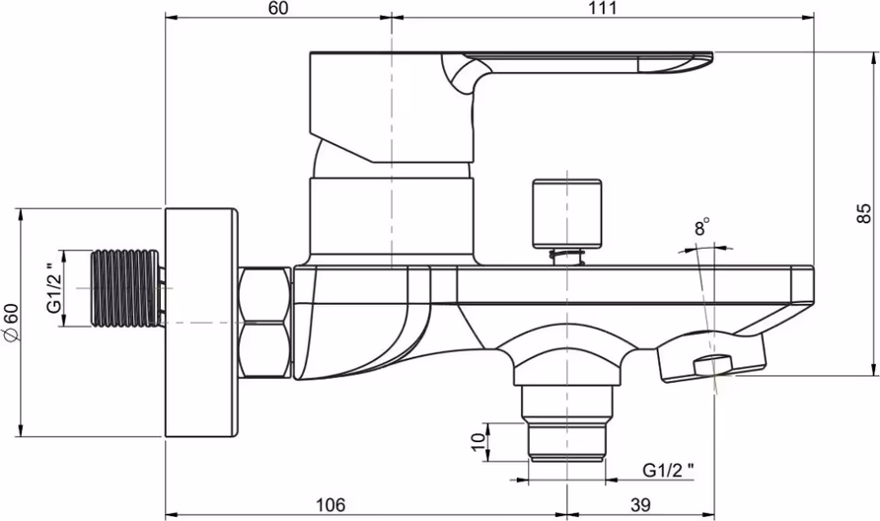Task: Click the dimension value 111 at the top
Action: click(603, 8)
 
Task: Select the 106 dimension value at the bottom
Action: click(330, 505)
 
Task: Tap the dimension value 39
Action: click(640, 505)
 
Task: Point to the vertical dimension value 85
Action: click(864, 213)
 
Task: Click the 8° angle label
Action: click(702, 227)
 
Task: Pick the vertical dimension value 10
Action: click(478, 441)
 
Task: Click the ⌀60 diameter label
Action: click(11, 322)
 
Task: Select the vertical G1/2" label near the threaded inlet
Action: click(54, 287)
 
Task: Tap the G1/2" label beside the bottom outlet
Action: click(668, 470)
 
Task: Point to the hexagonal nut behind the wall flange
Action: click(264, 323)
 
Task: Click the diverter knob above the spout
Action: click(567, 213)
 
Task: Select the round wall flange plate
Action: click(201, 323)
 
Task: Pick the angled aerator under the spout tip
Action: click(711, 357)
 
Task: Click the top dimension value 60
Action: click(278, 8)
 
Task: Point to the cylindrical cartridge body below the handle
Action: click(393, 216)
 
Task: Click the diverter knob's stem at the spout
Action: click(567, 256)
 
